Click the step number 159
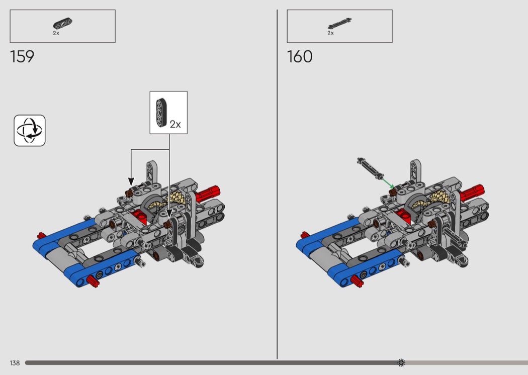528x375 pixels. [x=22, y=57]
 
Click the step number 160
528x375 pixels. [x=300, y=57]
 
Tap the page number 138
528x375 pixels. [x=15, y=363]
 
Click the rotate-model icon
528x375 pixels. [x=30, y=131]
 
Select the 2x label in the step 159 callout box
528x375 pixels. [x=175, y=124]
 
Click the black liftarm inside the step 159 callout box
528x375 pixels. [x=161, y=113]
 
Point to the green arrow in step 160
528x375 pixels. [x=388, y=183]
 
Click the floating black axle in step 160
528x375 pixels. [x=371, y=168]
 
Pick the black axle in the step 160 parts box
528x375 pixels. [x=339, y=24]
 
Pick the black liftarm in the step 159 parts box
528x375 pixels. [x=63, y=24]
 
